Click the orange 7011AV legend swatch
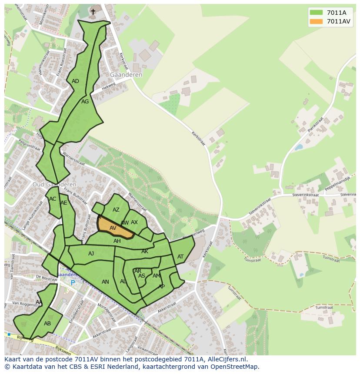[317, 21]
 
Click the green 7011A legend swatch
[317, 13]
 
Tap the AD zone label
[75, 81]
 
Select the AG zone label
[85, 102]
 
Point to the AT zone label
[180, 257]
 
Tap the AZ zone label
[116, 210]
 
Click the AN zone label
[105, 282]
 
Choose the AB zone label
[47, 324]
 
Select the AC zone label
[53, 199]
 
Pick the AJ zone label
[91, 254]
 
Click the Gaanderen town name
[126, 75]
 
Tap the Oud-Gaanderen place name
[54, 184]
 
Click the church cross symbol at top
[93, 12]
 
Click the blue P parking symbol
[73, 283]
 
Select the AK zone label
[145, 252]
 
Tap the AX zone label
[134, 222]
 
